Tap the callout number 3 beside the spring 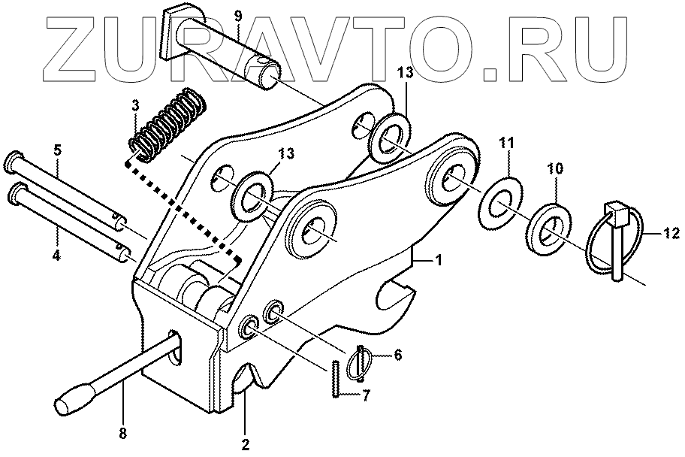pyautogui.click(x=135, y=106)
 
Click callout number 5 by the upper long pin pyautogui.click(x=56, y=150)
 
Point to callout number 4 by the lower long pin pyautogui.click(x=56, y=255)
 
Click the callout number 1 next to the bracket pyautogui.click(x=439, y=259)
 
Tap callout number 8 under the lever pyautogui.click(x=123, y=433)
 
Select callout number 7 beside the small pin pyautogui.click(x=367, y=394)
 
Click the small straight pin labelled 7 pyautogui.click(x=333, y=379)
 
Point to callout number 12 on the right pyautogui.click(x=671, y=233)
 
